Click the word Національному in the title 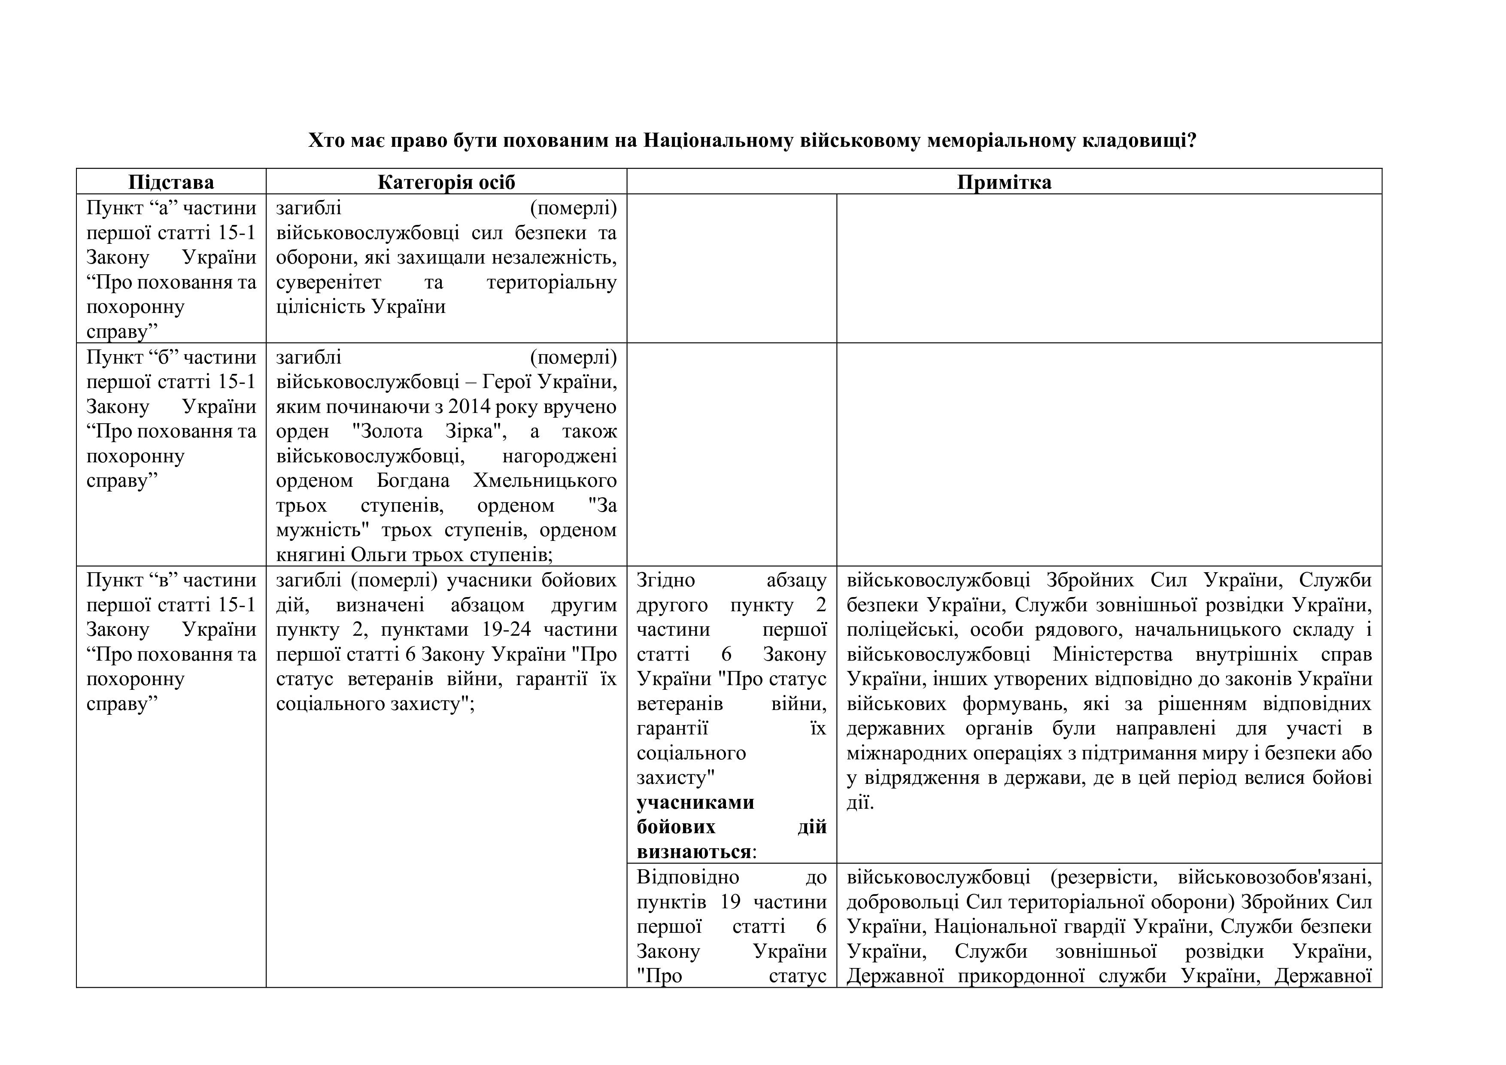click(719, 140)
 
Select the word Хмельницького click(544, 481)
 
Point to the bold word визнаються click(694, 852)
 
